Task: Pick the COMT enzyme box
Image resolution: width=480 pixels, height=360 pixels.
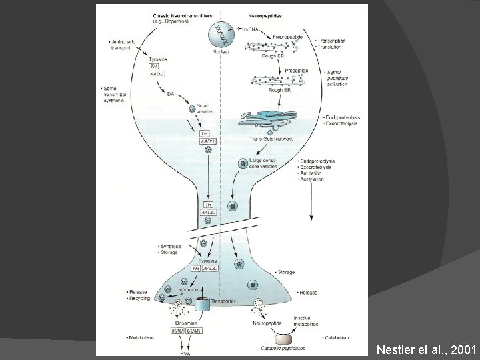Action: (x=195, y=331)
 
